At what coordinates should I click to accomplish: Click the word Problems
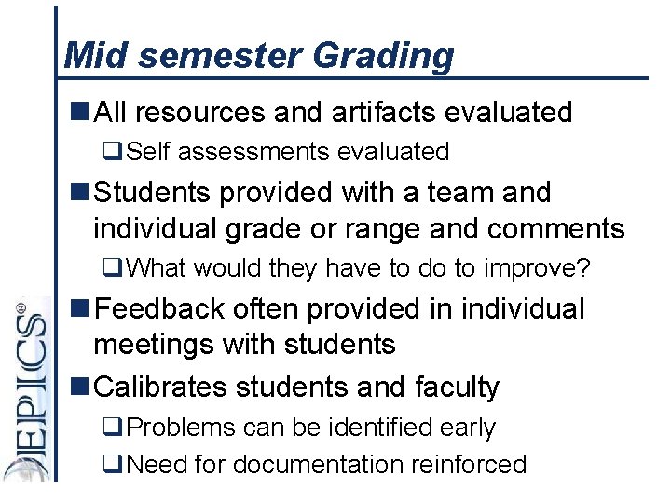point(181,428)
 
